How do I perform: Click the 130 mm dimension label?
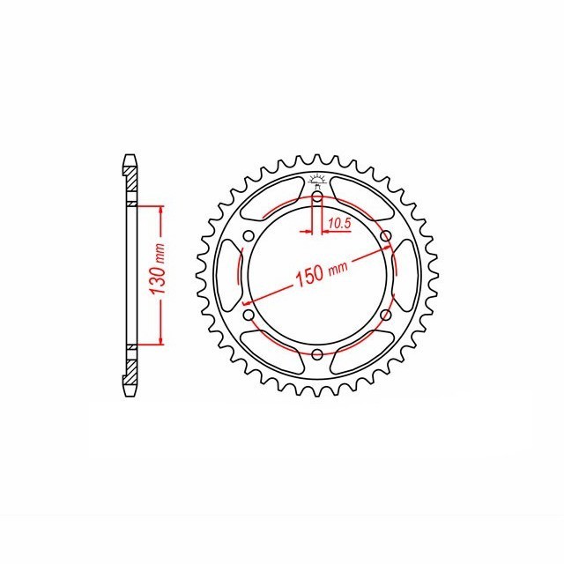click(160, 273)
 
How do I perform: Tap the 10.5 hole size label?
click(339, 225)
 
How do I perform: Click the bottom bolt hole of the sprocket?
click(317, 354)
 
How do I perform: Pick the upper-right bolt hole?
click(386, 235)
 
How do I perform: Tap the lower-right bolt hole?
click(386, 315)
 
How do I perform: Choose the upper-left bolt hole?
click(249, 235)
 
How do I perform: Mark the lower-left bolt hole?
click(249, 315)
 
